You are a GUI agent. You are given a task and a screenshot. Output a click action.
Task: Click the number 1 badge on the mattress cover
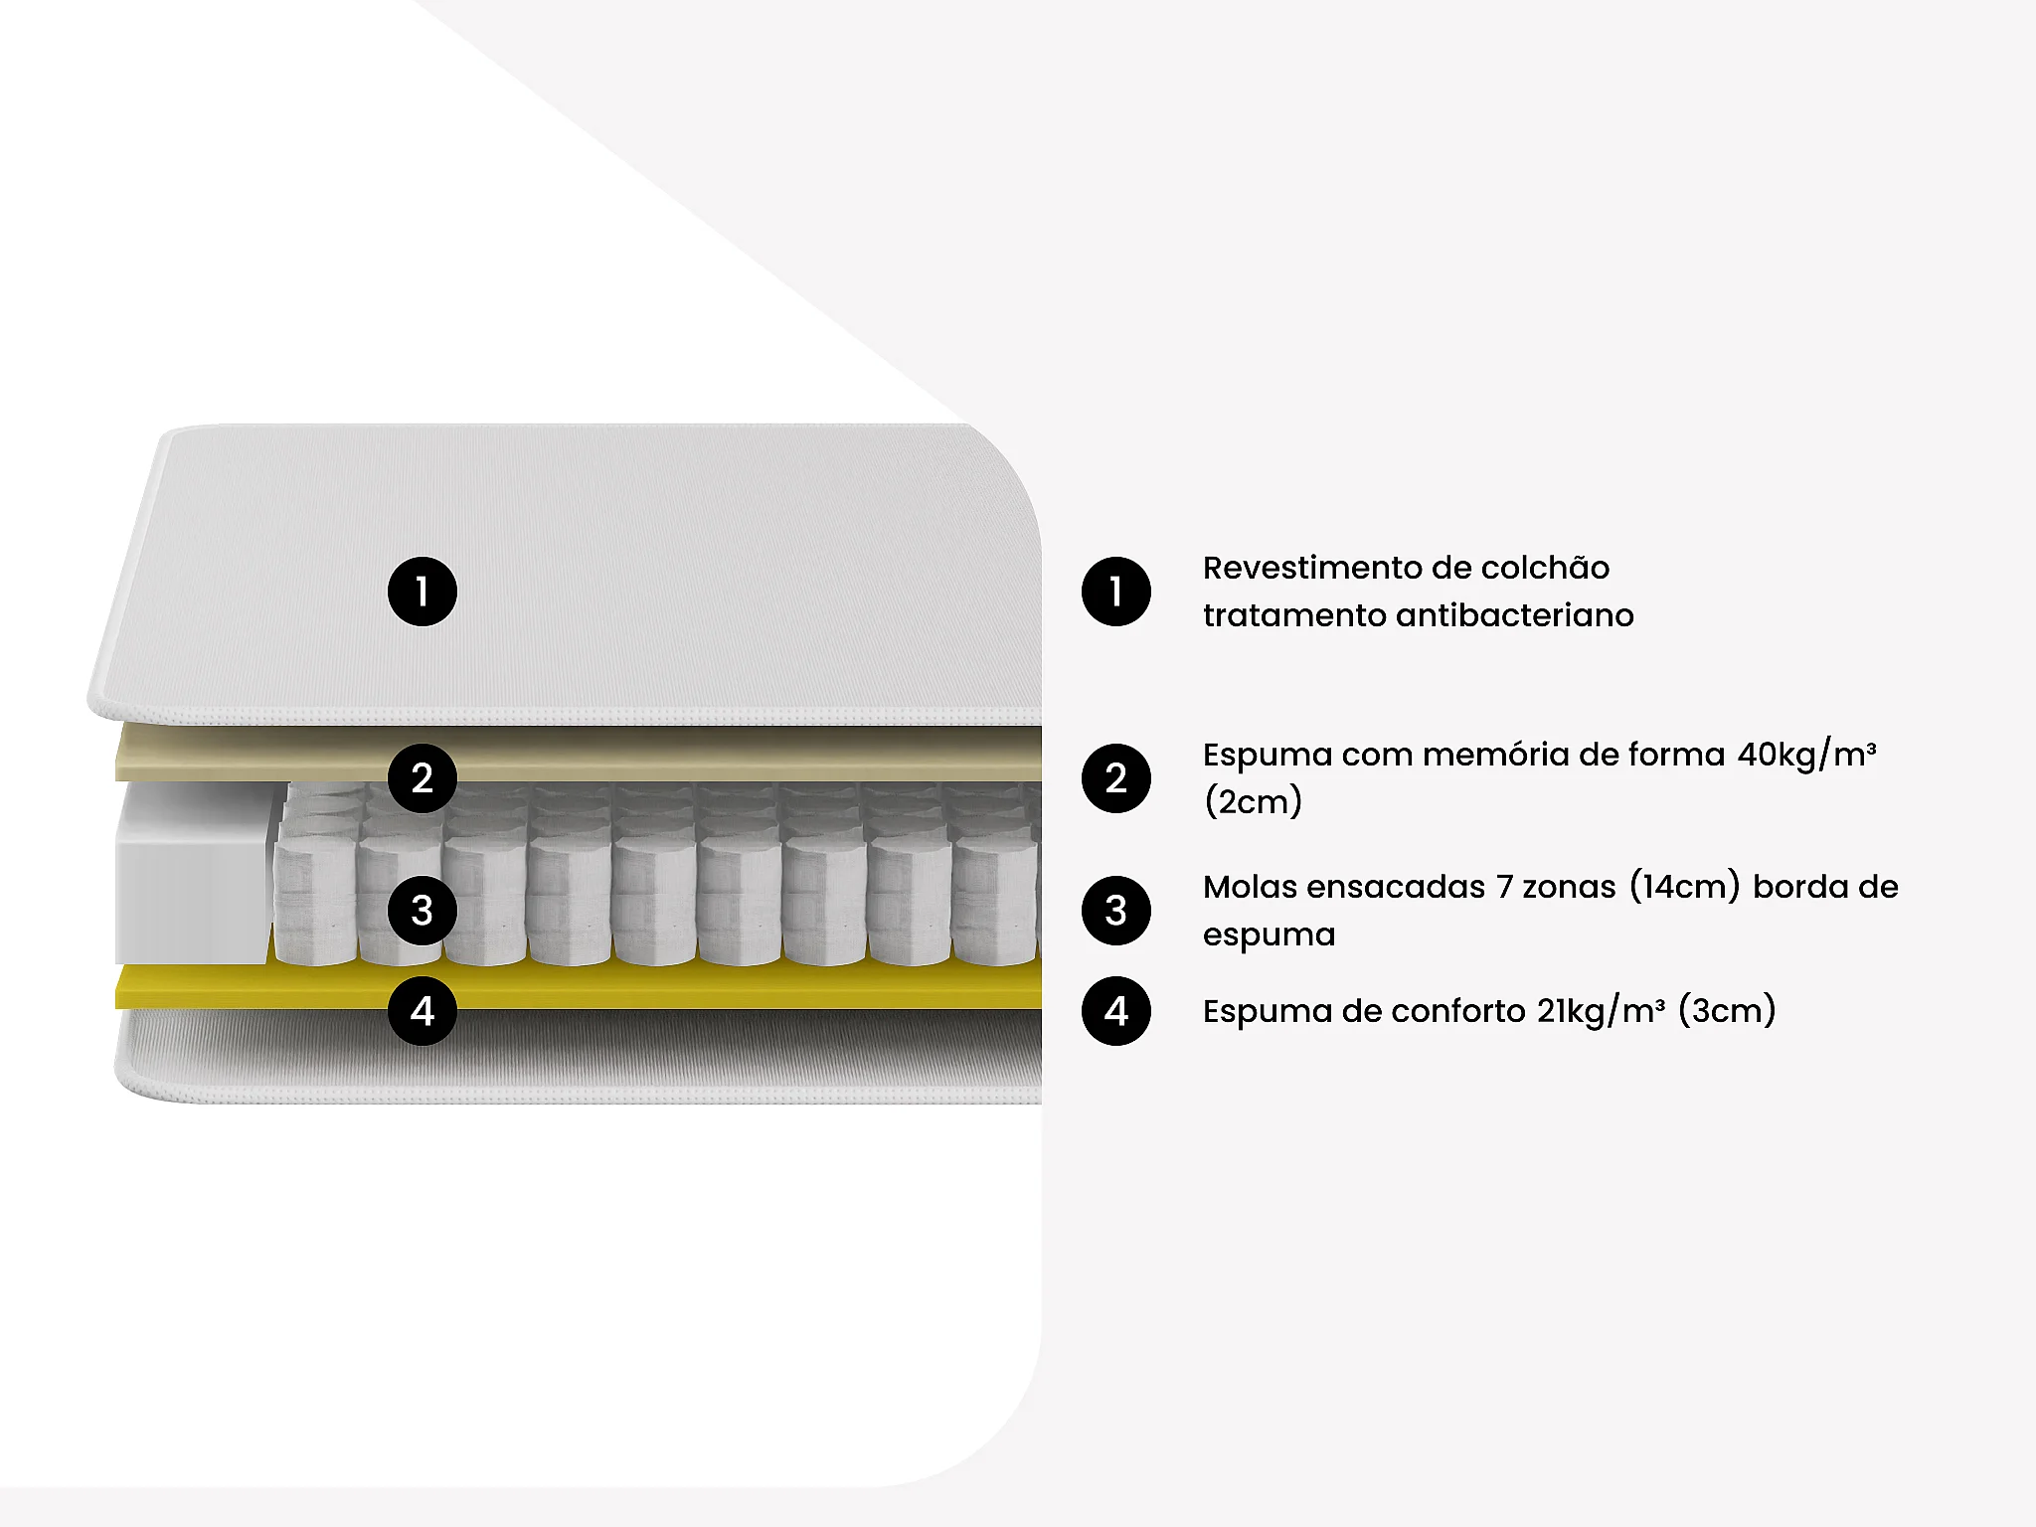point(423,592)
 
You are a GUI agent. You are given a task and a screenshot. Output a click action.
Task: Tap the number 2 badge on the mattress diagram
point(423,778)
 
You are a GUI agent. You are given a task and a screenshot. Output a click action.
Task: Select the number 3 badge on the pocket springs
point(423,911)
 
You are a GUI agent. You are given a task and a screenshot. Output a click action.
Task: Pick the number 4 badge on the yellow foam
point(423,1011)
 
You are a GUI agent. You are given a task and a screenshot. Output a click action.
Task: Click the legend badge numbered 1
point(1116,592)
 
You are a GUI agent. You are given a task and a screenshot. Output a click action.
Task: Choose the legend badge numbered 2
point(1116,778)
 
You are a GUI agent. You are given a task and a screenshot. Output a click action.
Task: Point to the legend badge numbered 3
point(1116,911)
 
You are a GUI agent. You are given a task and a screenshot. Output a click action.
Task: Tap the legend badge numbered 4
point(1116,1011)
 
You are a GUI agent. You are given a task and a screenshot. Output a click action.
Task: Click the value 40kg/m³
point(1806,756)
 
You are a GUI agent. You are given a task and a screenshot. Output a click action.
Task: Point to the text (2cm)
point(1253,801)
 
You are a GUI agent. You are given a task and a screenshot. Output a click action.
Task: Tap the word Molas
point(1249,887)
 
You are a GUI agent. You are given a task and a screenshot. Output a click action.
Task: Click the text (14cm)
point(1685,887)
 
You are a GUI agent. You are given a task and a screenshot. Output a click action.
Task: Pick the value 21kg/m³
point(1601,1011)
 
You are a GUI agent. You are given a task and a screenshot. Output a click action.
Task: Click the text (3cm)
point(1727,1011)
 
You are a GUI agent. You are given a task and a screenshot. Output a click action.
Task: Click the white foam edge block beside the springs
point(192,873)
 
